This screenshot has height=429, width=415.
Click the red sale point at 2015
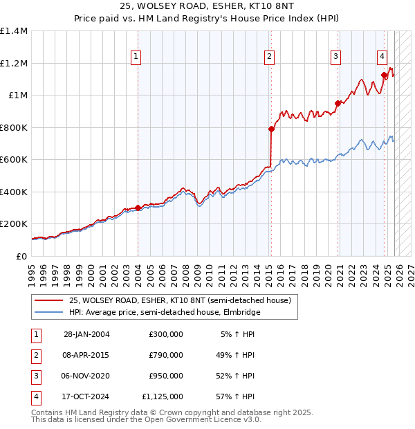click(272, 128)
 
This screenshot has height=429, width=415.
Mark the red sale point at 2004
click(138, 208)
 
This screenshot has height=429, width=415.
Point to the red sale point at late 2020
click(338, 103)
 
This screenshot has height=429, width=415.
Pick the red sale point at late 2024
click(385, 75)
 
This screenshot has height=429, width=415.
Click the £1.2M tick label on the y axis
click(14, 63)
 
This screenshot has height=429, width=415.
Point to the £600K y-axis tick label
click(14, 159)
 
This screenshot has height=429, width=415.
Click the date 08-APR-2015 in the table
click(86, 355)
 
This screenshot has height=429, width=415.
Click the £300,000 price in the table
click(165, 334)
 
